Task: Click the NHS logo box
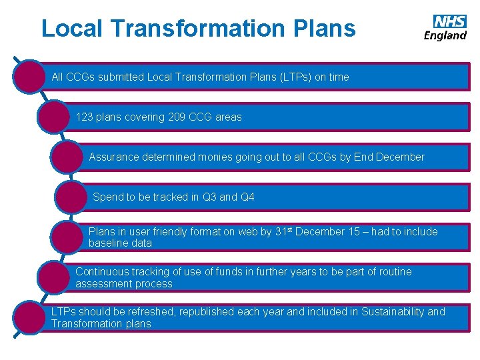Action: click(450, 21)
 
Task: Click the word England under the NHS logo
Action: click(445, 35)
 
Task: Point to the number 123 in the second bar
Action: click(84, 117)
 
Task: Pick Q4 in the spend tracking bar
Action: click(247, 197)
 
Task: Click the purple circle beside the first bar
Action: click(30, 76)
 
